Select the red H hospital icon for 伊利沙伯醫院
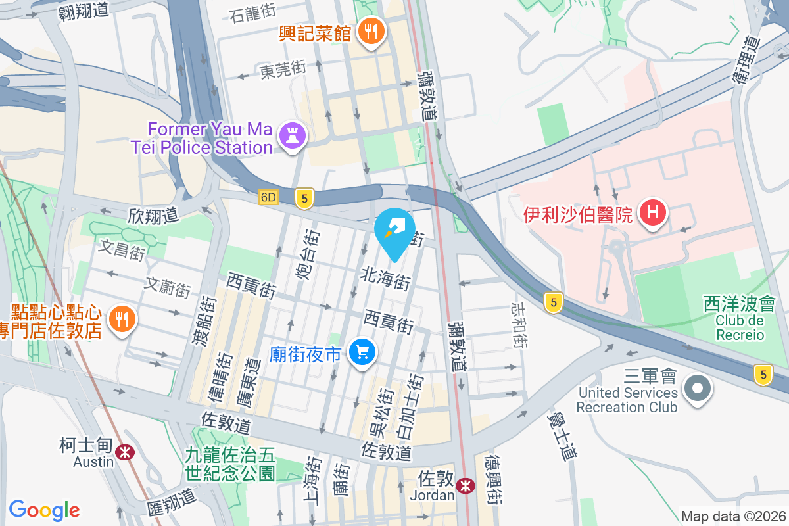click(x=653, y=213)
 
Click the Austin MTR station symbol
click(x=123, y=452)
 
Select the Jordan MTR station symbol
click(x=466, y=486)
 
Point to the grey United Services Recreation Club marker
click(x=698, y=388)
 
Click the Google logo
click(x=45, y=510)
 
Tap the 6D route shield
click(x=269, y=197)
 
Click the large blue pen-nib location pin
click(x=394, y=232)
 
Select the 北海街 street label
click(x=385, y=279)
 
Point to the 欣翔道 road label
click(x=153, y=215)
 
